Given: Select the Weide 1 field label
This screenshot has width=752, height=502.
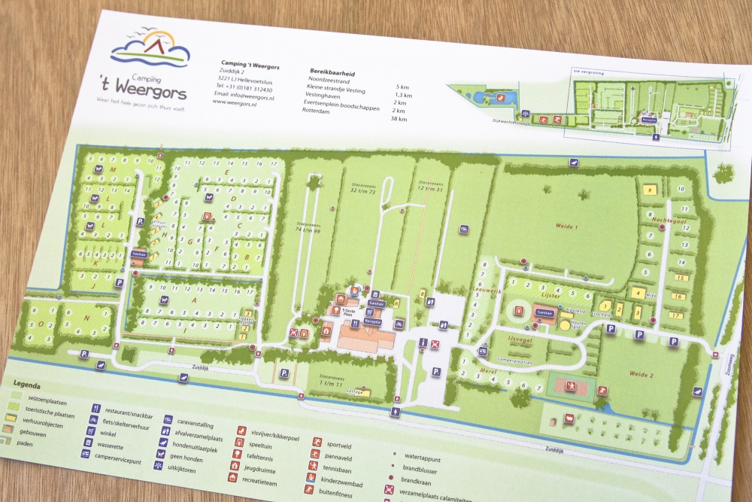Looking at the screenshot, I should point(566,227).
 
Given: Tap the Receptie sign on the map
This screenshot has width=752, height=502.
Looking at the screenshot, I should point(372,322).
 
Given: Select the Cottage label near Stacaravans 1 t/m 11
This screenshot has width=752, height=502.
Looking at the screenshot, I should point(357,391).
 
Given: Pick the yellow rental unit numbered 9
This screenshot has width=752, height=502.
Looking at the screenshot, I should point(648,191).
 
